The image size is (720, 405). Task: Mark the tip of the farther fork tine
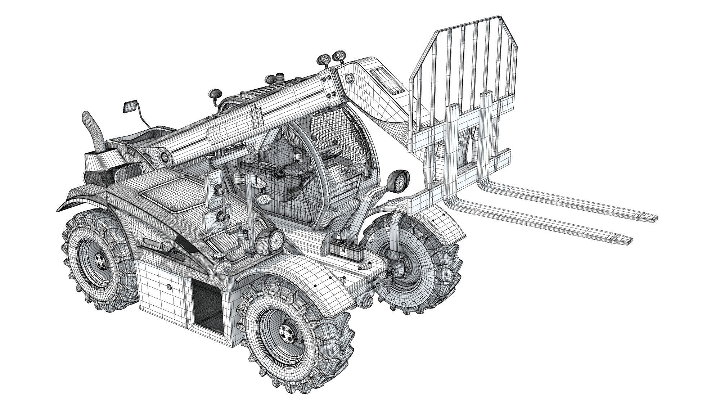click(x=652, y=218)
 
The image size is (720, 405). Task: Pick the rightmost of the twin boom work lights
click(x=339, y=55)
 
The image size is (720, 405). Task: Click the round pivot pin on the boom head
click(x=349, y=78)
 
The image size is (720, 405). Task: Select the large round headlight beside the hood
click(x=276, y=239)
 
